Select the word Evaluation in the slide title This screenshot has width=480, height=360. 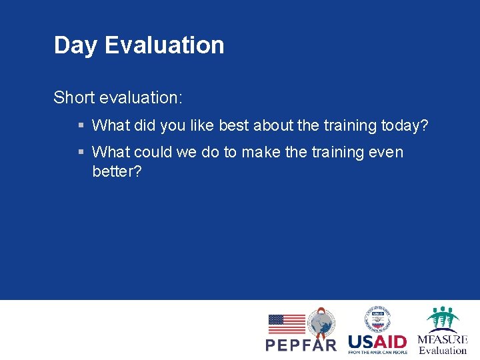[164, 45]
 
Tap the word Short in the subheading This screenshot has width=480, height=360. [74, 97]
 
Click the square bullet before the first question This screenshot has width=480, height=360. [81, 125]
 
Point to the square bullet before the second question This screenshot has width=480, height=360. [81, 153]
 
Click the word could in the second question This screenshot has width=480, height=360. [153, 152]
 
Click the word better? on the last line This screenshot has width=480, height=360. [117, 171]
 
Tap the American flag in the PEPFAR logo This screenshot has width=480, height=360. [286, 324]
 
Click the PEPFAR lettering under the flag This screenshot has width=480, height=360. [301, 345]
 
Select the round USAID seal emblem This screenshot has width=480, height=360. [377, 319]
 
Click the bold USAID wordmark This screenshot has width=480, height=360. [377, 342]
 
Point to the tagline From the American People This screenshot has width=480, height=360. [377, 352]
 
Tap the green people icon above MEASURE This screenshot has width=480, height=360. [443, 319]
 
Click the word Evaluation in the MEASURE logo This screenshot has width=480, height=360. [443, 351]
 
